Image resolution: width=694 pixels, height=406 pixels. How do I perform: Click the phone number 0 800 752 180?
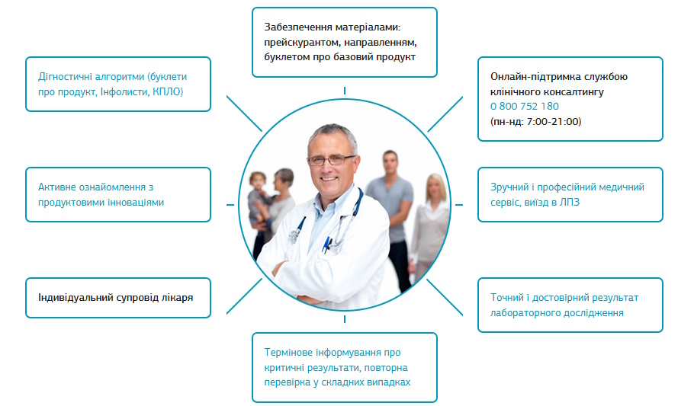pos(524,107)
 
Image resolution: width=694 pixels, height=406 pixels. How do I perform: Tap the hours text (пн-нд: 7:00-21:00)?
pos(535,121)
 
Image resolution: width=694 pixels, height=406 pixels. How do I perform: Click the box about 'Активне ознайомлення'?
pos(118,195)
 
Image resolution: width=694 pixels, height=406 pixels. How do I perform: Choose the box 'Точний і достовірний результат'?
pos(570,305)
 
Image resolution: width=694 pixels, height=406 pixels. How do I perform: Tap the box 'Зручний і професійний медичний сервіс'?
pos(570,195)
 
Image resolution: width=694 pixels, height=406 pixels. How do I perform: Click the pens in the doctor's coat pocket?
pos(326,245)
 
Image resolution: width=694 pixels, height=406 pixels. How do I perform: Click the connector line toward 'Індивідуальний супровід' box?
pos(244,296)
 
